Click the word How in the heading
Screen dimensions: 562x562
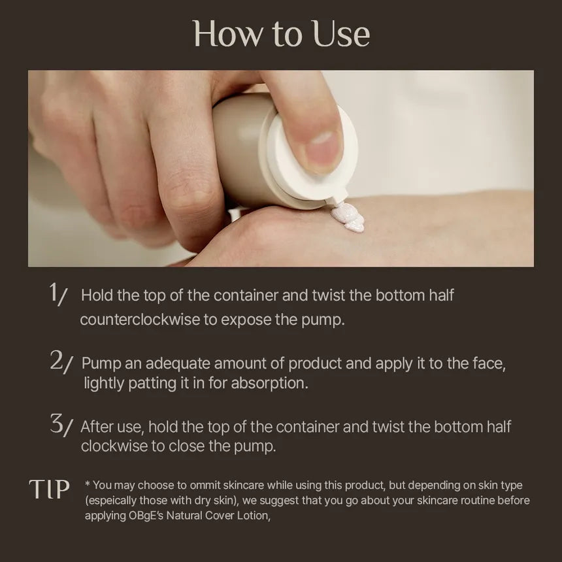click(224, 34)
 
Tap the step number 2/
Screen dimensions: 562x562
click(61, 361)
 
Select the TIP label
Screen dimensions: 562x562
click(49, 489)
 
